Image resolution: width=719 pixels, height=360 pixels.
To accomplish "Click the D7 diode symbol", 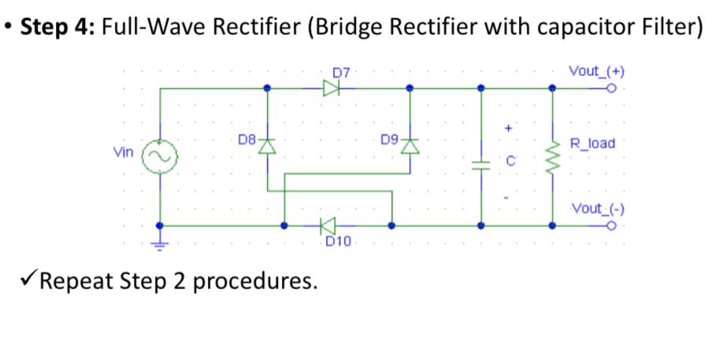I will coord(331,88).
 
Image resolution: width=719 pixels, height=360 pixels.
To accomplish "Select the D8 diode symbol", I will coord(268,147).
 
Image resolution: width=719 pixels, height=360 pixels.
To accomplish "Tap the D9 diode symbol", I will coord(410,147).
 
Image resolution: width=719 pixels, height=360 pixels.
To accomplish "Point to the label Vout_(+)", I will coord(596,71).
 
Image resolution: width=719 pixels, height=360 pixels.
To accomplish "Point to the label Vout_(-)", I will coord(596,210).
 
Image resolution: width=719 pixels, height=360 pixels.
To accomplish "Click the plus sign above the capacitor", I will coord(509,126).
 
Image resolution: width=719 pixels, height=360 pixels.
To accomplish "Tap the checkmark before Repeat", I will coord(26,280).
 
